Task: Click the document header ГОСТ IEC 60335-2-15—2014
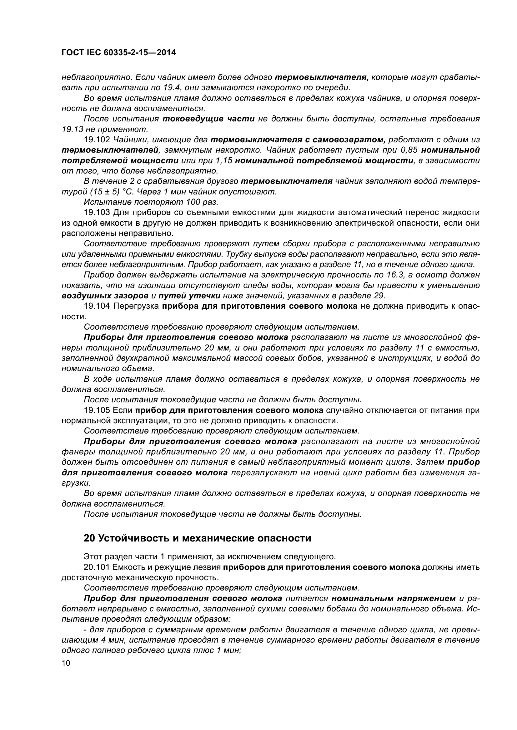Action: click(x=118, y=53)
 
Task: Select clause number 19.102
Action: click(x=97, y=140)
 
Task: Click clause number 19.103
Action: click(x=97, y=213)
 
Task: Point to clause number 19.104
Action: click(x=97, y=306)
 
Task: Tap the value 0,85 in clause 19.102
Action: click(x=408, y=150)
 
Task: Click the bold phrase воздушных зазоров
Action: click(x=105, y=296)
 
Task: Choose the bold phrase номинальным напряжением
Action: click(x=394, y=598)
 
